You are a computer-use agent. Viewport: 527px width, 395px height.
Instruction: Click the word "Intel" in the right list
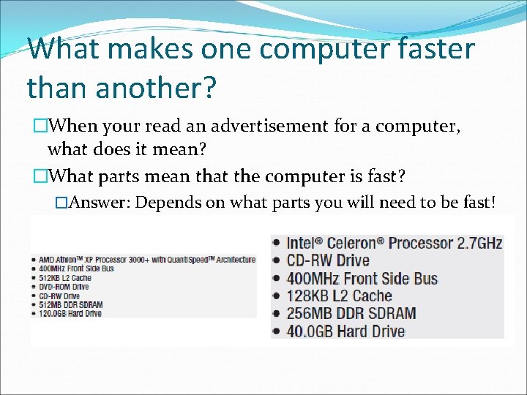tap(304, 243)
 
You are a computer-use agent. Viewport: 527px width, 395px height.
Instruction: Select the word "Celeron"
tap(355, 243)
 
